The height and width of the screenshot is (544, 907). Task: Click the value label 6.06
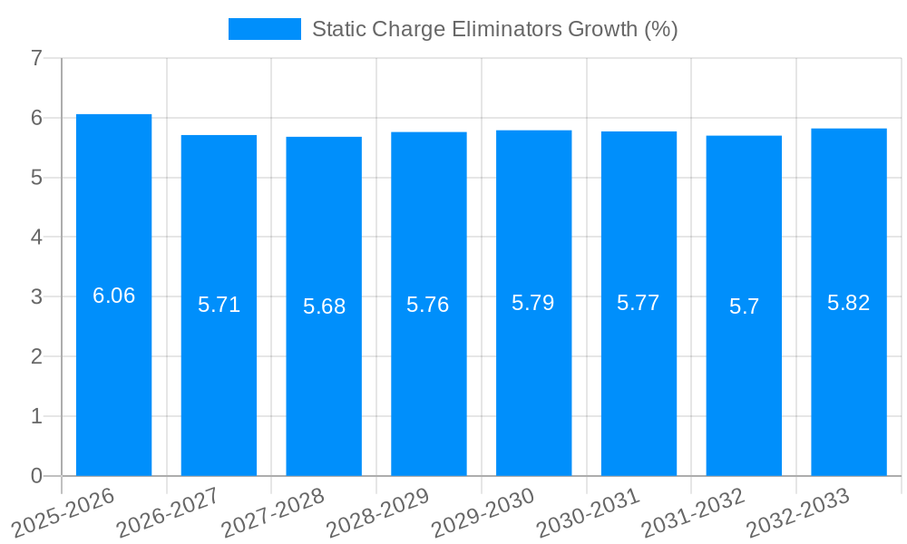(x=113, y=296)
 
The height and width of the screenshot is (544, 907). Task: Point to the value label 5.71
(x=219, y=305)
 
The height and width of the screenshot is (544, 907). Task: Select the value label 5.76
(x=428, y=305)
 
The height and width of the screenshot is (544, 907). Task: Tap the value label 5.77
(x=639, y=303)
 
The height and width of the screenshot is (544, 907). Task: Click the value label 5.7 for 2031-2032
(x=744, y=306)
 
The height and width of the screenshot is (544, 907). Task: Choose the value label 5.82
(x=849, y=303)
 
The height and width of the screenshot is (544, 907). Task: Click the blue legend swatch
(x=264, y=29)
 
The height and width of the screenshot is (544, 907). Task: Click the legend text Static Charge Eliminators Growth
(x=494, y=29)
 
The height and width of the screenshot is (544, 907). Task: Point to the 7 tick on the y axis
(x=36, y=58)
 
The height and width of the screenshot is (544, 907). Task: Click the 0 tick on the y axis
(x=36, y=476)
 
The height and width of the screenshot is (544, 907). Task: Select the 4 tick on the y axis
(x=36, y=238)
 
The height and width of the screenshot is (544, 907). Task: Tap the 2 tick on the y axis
(x=36, y=356)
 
